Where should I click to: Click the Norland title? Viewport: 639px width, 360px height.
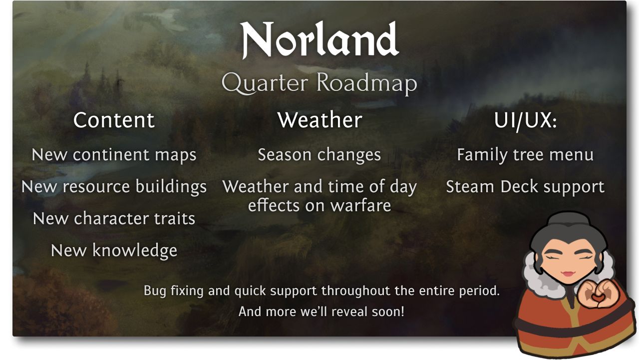point(319,40)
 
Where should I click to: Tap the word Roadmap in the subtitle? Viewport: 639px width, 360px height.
point(367,84)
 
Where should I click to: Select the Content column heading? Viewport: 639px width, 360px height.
point(114,120)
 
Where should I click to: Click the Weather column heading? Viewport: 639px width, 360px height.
point(319,120)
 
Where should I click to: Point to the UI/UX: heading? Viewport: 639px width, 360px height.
point(526,121)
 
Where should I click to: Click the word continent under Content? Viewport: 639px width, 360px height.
point(111,155)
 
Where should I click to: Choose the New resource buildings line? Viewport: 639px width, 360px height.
point(114,187)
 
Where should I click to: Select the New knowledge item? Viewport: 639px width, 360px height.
point(114,251)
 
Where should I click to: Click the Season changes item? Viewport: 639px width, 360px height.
point(319,155)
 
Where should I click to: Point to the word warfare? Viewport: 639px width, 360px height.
point(360,206)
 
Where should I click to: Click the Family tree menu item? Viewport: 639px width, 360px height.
point(525,155)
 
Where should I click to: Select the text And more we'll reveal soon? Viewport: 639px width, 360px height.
point(321,312)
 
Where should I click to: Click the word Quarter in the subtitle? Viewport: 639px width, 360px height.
point(265,84)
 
